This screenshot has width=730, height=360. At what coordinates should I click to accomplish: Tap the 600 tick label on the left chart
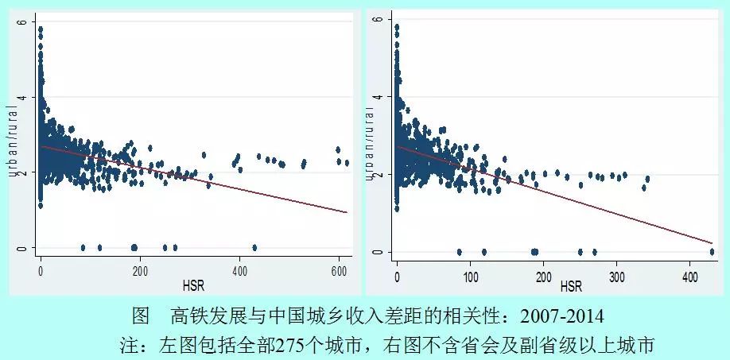(x=340, y=271)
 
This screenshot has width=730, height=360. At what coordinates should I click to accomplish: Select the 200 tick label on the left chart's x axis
(x=141, y=271)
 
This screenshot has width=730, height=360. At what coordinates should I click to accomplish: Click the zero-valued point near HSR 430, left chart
(x=254, y=247)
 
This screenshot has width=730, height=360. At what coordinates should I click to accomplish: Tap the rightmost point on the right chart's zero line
(x=712, y=252)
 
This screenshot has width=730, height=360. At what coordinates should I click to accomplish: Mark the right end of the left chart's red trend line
(x=348, y=212)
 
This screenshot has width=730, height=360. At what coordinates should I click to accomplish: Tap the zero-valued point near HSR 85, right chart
(x=459, y=252)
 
